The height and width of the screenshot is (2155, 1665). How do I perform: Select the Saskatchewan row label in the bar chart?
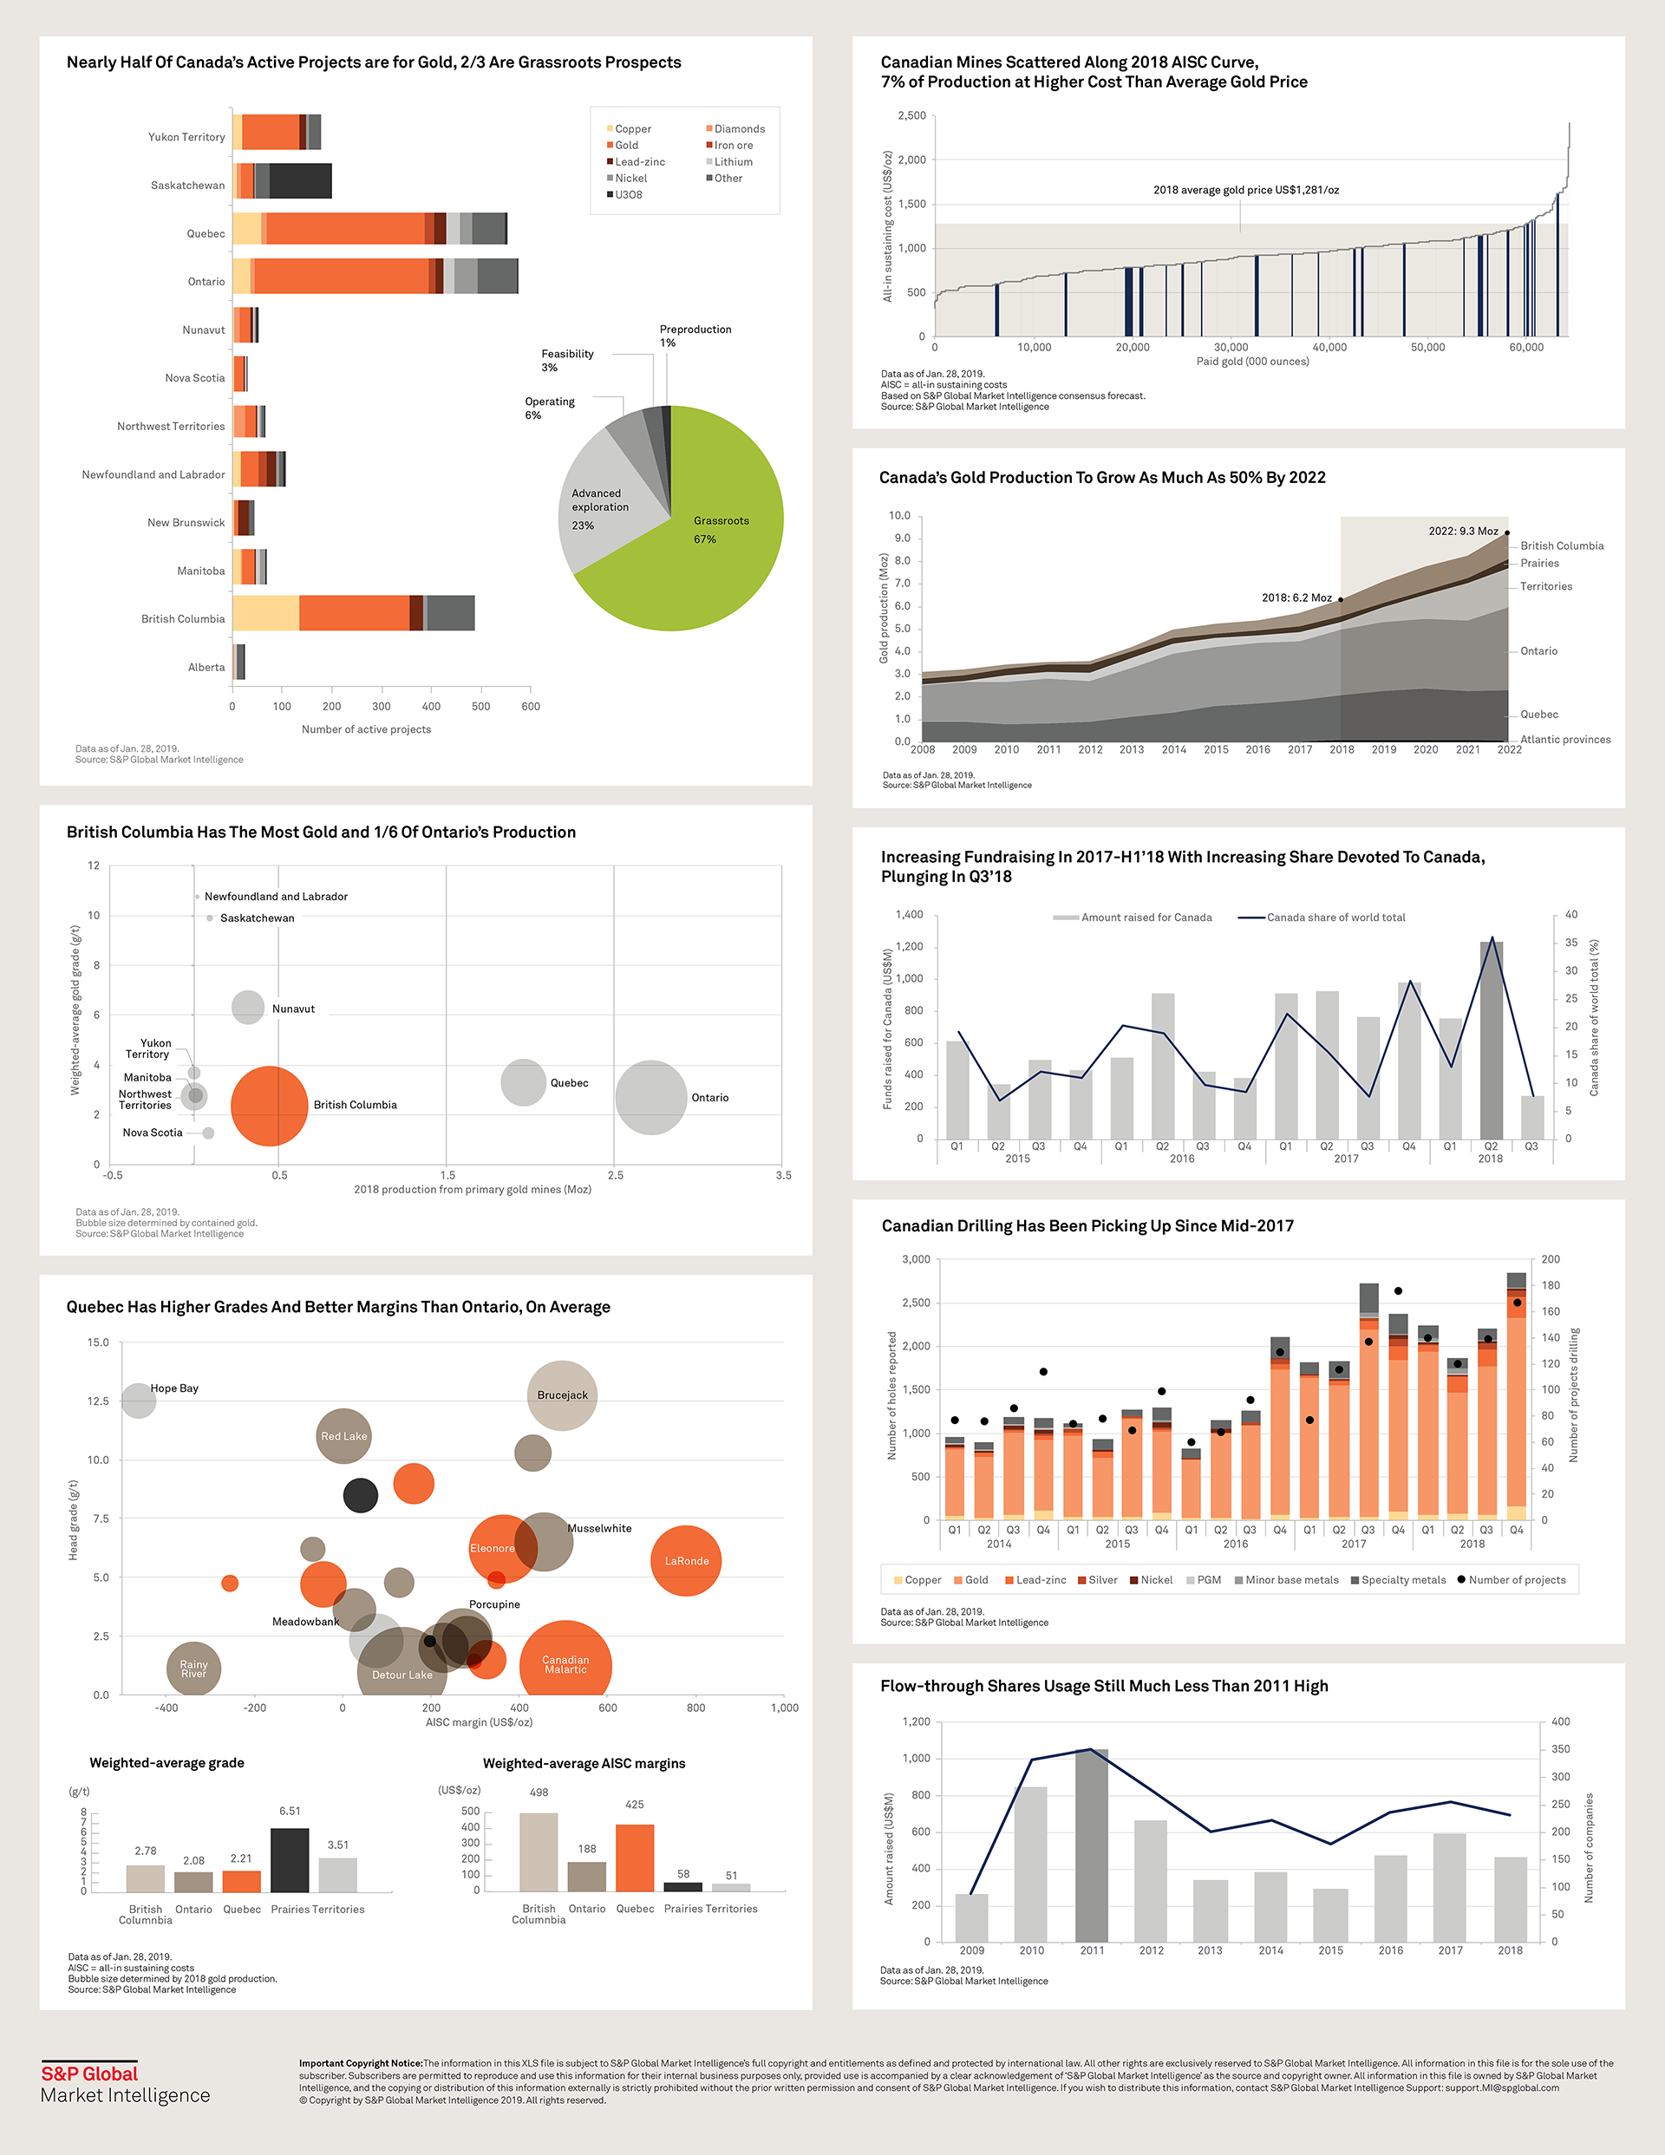coord(187,186)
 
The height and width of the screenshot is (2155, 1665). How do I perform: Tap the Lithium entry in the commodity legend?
coord(732,162)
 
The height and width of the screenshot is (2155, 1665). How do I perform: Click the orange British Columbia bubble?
coord(269,1106)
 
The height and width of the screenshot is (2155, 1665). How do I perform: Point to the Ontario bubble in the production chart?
coord(650,1097)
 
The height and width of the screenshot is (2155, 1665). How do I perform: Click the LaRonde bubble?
coord(686,1561)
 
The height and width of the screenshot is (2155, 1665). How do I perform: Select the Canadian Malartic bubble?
coord(565,1665)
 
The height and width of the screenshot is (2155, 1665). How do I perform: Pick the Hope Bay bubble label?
coord(173,1388)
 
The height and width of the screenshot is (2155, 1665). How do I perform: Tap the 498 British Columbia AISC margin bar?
coord(539,1852)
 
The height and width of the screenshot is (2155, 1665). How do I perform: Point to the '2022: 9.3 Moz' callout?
coord(1463,531)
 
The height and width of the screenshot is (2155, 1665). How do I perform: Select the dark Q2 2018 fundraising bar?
coord(1491,1041)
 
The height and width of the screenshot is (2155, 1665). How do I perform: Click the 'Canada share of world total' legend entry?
coord(1335,918)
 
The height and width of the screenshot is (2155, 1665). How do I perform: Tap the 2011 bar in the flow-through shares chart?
coord(1092,1845)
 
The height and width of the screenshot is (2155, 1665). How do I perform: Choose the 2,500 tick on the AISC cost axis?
coord(911,116)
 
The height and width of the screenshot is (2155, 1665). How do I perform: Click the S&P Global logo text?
coord(88,2074)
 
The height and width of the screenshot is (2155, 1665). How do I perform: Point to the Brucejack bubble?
coord(562,1395)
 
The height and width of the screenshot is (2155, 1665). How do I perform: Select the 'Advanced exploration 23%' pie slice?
coord(602,503)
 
